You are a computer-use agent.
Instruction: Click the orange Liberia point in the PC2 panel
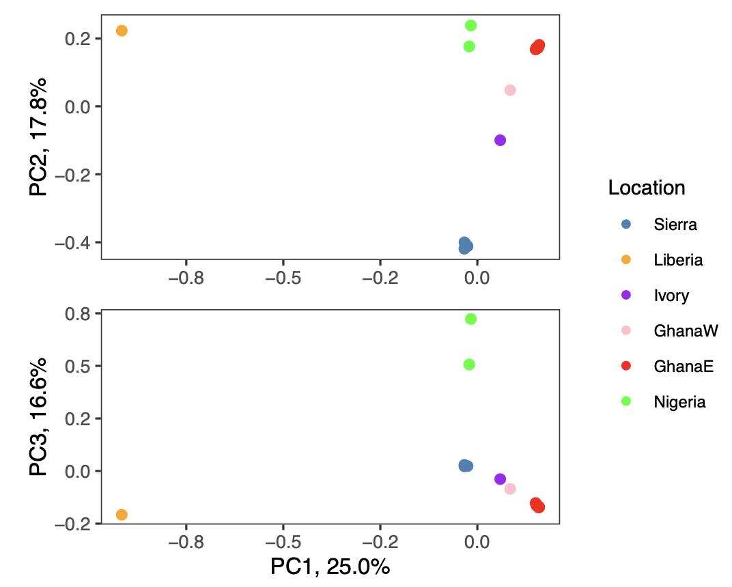(122, 31)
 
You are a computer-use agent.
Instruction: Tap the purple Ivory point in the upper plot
(500, 140)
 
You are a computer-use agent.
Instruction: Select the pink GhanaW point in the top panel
(510, 90)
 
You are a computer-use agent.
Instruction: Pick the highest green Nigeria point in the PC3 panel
(470, 319)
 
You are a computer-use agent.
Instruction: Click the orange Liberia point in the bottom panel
(122, 515)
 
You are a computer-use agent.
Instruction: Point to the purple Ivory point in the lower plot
(500, 479)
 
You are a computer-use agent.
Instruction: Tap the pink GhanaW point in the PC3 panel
(510, 489)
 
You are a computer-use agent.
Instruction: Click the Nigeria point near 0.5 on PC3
(469, 364)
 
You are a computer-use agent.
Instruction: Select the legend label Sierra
(675, 224)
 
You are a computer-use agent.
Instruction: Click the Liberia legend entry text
(677, 260)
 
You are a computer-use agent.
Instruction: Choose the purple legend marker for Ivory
(626, 296)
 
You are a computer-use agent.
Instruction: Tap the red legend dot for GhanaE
(626, 367)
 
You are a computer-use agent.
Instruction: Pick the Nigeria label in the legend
(679, 402)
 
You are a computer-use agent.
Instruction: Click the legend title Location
(646, 188)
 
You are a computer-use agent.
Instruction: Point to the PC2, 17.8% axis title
(39, 137)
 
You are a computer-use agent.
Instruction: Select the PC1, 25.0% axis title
(330, 567)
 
